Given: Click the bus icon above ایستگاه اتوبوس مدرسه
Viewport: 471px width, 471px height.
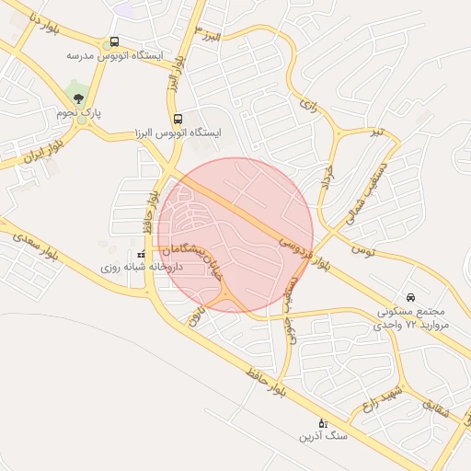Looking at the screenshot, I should click(x=114, y=41).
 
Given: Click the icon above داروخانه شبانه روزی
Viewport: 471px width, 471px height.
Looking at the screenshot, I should click(x=141, y=254).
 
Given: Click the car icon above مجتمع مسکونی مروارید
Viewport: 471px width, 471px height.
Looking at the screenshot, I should click(x=411, y=297).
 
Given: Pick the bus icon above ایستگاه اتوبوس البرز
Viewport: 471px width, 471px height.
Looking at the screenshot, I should click(x=178, y=119).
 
